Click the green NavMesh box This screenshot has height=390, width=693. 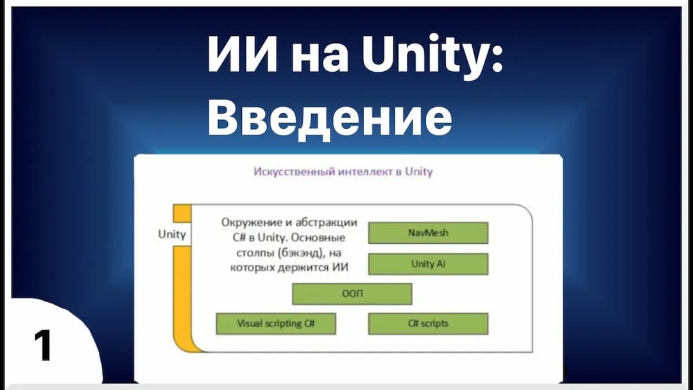click(428, 233)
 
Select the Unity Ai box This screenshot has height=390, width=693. click(428, 264)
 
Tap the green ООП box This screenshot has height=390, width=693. click(352, 294)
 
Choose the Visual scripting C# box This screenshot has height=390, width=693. click(276, 324)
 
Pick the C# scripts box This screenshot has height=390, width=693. click(428, 324)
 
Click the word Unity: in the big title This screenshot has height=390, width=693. click(432, 55)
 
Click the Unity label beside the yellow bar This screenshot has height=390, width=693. click(172, 234)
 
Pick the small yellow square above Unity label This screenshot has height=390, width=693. click(182, 214)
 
